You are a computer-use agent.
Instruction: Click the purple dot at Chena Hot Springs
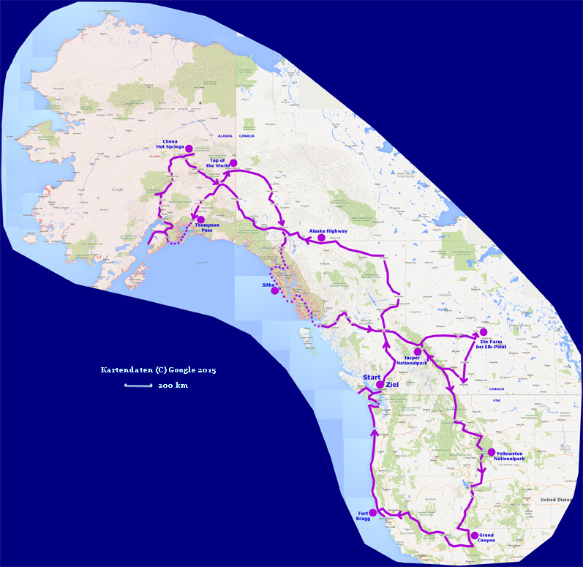pos(189,149)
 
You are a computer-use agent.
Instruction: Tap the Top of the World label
pos(219,162)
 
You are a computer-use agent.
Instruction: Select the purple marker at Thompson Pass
pos(198,219)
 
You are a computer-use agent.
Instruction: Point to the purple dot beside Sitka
pos(274,290)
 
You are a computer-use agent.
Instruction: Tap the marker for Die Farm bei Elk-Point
pos(483,332)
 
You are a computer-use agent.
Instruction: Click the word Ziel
pos(393,385)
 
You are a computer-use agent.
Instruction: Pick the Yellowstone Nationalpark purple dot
pos(491,451)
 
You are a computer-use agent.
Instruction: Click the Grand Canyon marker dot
pos(474,536)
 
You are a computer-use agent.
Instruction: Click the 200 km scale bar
pos(136,385)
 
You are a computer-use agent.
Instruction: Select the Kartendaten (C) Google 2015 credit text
pos(158,370)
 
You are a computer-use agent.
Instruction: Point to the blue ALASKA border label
pos(225,136)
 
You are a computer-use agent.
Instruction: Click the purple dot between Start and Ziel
pos(380,385)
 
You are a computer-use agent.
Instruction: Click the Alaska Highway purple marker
pos(321,238)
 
